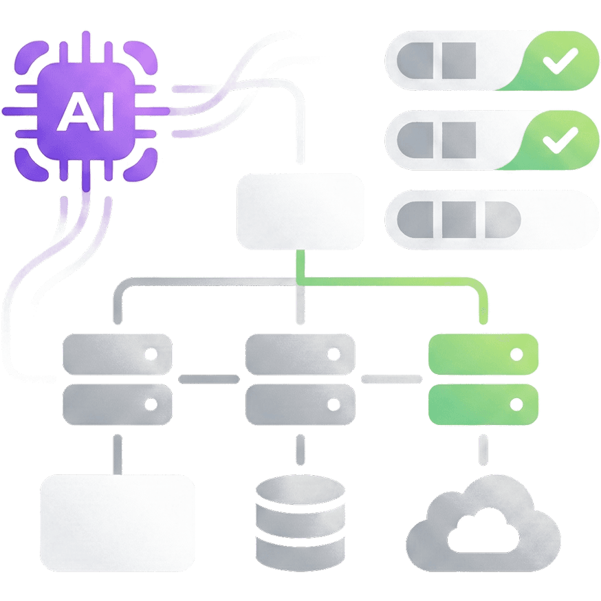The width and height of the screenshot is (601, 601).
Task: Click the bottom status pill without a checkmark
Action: tap(492, 221)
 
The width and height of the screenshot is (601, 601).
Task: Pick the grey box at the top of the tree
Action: tap(300, 211)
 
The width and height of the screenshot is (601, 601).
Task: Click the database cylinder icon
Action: tap(300, 519)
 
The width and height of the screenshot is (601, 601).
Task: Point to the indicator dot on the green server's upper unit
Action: tap(516, 354)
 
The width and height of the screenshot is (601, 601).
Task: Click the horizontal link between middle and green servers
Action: tap(391, 379)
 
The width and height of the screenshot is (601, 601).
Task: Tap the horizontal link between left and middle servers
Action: tap(209, 379)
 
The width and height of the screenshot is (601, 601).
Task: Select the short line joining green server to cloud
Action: tap(483, 450)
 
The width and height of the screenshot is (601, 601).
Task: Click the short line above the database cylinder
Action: tap(300, 450)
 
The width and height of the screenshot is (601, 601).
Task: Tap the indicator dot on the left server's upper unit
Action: tap(150, 354)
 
